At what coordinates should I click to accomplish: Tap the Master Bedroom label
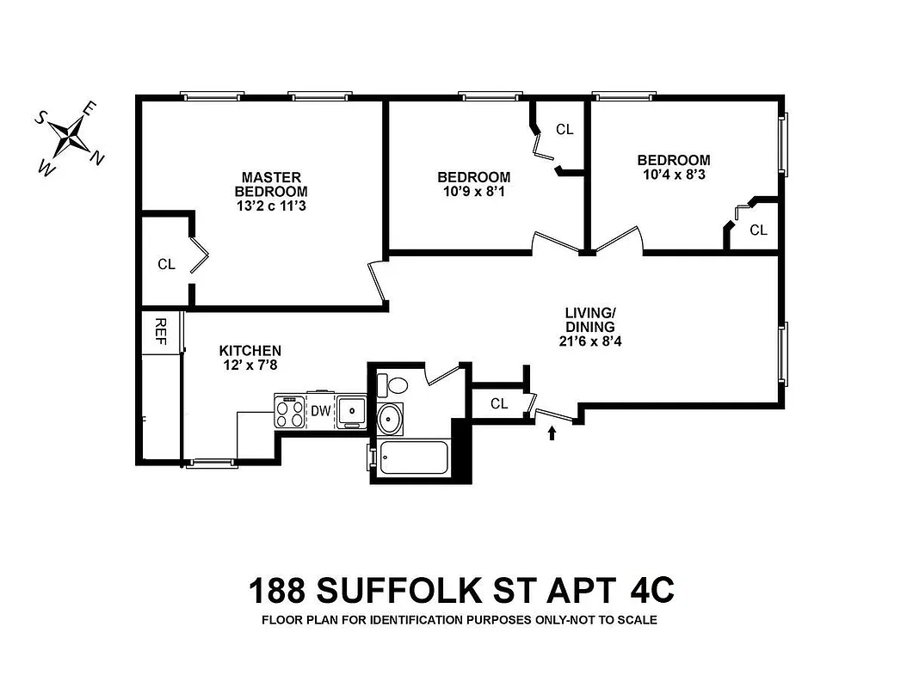(x=270, y=184)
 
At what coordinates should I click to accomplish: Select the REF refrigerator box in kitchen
(x=161, y=330)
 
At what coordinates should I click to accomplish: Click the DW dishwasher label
(x=320, y=411)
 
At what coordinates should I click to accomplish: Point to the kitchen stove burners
(x=290, y=412)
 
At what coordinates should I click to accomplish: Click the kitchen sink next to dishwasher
(x=351, y=411)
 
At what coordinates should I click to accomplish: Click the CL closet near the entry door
(x=499, y=403)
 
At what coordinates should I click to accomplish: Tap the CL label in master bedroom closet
(x=166, y=265)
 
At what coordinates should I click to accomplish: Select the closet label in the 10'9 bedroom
(x=565, y=130)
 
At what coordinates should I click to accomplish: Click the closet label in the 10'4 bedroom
(x=758, y=230)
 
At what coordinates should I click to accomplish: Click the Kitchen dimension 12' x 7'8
(x=250, y=365)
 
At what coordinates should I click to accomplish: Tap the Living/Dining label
(x=589, y=319)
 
